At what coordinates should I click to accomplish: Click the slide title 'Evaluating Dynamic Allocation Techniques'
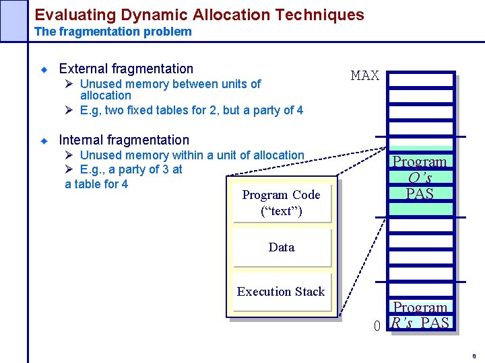tap(199, 14)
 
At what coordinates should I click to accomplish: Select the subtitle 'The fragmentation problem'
tap(112, 32)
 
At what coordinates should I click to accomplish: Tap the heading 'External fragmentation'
tap(126, 69)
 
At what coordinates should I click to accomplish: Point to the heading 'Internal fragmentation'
tap(124, 140)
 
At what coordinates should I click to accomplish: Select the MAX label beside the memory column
tap(364, 76)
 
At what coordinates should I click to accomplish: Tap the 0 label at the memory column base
tap(377, 327)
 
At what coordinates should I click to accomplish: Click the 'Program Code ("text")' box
tap(281, 202)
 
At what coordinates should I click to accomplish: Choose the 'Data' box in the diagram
tap(281, 247)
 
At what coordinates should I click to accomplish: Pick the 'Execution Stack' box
tap(281, 292)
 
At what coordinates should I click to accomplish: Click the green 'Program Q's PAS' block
tap(420, 178)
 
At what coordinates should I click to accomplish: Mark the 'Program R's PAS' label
tap(420, 316)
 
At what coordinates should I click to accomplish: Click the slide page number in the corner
tap(474, 356)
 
